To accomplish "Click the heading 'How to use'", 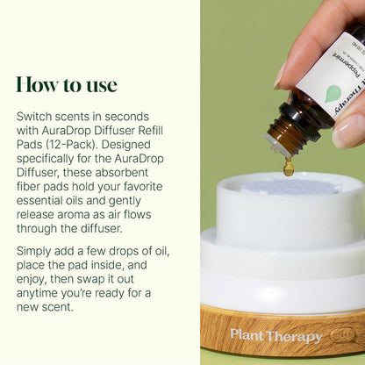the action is (67, 84).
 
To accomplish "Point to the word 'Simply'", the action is (34, 252).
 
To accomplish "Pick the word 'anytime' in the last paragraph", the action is (35, 293).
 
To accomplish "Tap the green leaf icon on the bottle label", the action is (333, 94).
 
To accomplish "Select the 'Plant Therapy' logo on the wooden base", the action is (276, 336).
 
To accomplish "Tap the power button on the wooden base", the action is (342, 334).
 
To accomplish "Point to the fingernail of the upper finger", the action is (280, 76).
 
